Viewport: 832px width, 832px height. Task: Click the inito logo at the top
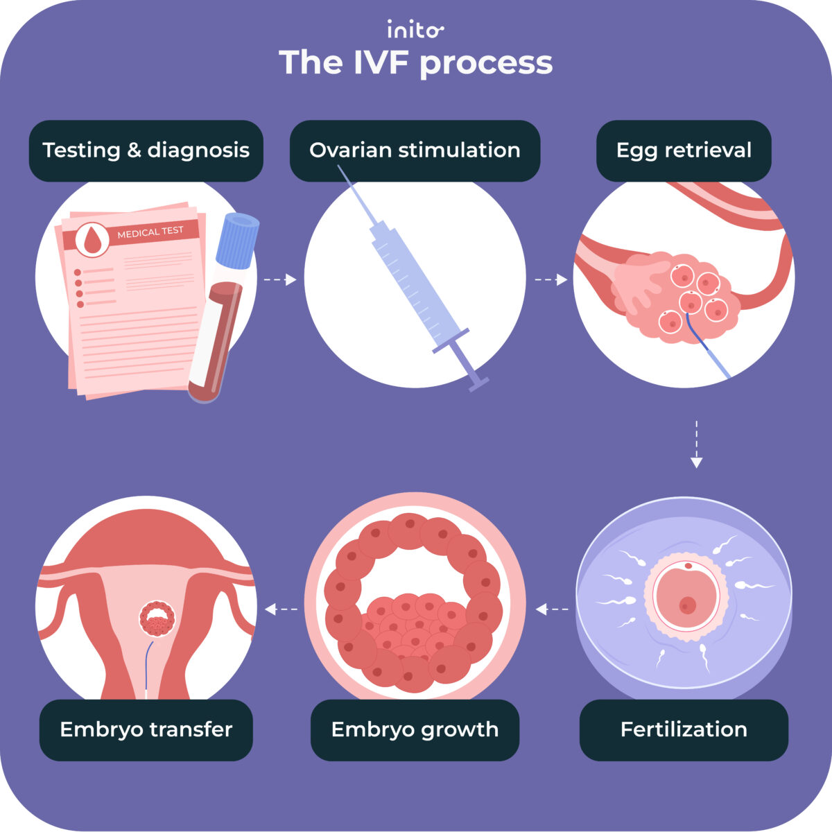(x=415, y=30)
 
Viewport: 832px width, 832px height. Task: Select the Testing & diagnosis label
(x=146, y=150)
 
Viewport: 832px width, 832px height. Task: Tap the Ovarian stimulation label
(x=415, y=150)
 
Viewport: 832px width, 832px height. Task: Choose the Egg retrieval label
(x=684, y=150)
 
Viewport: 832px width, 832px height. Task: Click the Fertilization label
(x=684, y=729)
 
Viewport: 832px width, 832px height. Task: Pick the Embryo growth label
(x=415, y=729)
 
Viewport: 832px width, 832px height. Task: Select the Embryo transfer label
(x=146, y=729)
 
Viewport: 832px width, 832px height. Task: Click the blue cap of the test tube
(x=237, y=240)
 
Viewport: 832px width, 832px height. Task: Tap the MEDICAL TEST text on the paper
(x=150, y=232)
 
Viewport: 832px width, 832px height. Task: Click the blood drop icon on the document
(x=92, y=240)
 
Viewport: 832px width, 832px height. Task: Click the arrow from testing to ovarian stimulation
(x=280, y=279)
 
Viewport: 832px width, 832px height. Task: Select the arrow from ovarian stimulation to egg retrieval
(x=551, y=279)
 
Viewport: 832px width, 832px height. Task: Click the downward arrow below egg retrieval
(x=697, y=444)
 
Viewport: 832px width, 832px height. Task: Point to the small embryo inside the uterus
(x=156, y=618)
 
